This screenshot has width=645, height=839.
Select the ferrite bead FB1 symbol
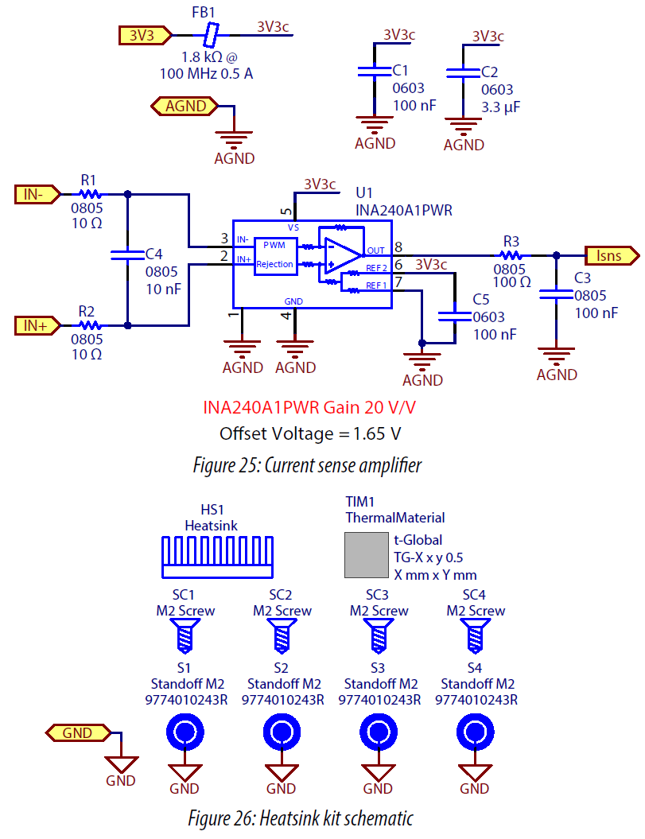pyautogui.click(x=211, y=35)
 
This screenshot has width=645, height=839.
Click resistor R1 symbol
pyautogui.click(x=91, y=193)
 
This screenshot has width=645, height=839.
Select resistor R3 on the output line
pyautogui.click(x=511, y=255)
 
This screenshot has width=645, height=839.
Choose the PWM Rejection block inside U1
pyautogui.click(x=274, y=254)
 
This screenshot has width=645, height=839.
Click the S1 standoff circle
pyautogui.click(x=185, y=732)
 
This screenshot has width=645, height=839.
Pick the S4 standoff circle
pyautogui.click(x=476, y=732)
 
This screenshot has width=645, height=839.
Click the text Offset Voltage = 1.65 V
pyautogui.click(x=309, y=433)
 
